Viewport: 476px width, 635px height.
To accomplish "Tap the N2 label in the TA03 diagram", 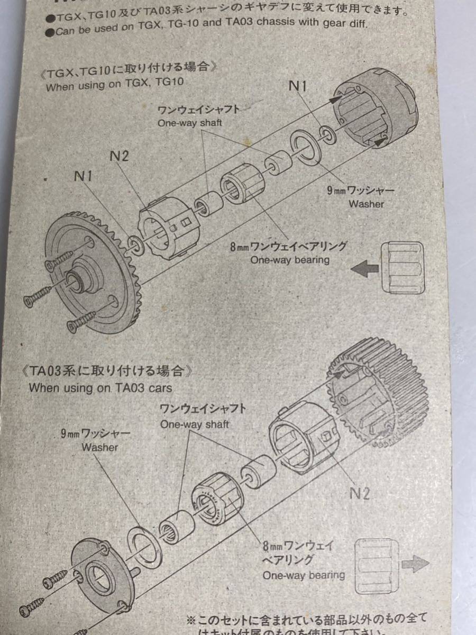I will coord(359,493).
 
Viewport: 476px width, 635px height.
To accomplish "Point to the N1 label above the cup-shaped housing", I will coord(298,86).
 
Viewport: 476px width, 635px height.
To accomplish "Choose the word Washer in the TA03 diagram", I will coord(99,448).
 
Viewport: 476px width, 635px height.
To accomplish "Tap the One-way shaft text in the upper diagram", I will coord(189,123).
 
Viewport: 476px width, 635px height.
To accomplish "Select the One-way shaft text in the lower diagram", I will coord(195,424).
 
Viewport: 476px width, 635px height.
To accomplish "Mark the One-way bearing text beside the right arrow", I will coord(304,575).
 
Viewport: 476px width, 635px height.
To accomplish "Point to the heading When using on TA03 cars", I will coord(100,388).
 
